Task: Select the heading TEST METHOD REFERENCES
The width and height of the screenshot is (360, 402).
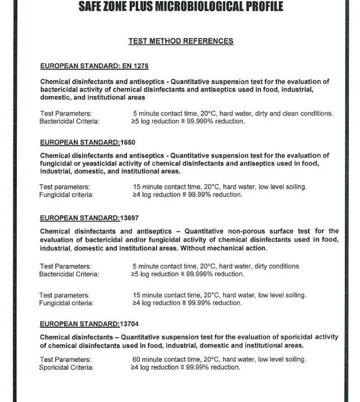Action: [x=181, y=41]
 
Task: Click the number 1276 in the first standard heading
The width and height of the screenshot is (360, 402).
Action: [x=140, y=66]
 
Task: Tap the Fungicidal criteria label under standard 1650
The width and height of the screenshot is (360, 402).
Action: [x=67, y=195]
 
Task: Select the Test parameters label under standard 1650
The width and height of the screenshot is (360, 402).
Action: [x=65, y=186]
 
